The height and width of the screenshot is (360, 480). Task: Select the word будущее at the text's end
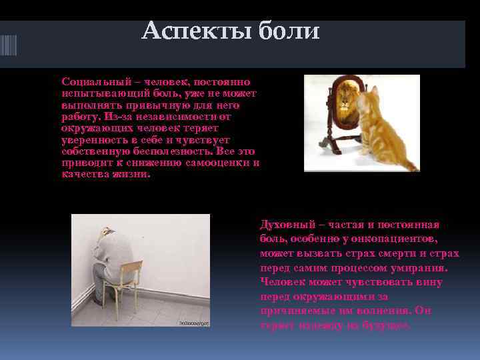(387, 326)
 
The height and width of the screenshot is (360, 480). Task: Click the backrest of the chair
(131, 269)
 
